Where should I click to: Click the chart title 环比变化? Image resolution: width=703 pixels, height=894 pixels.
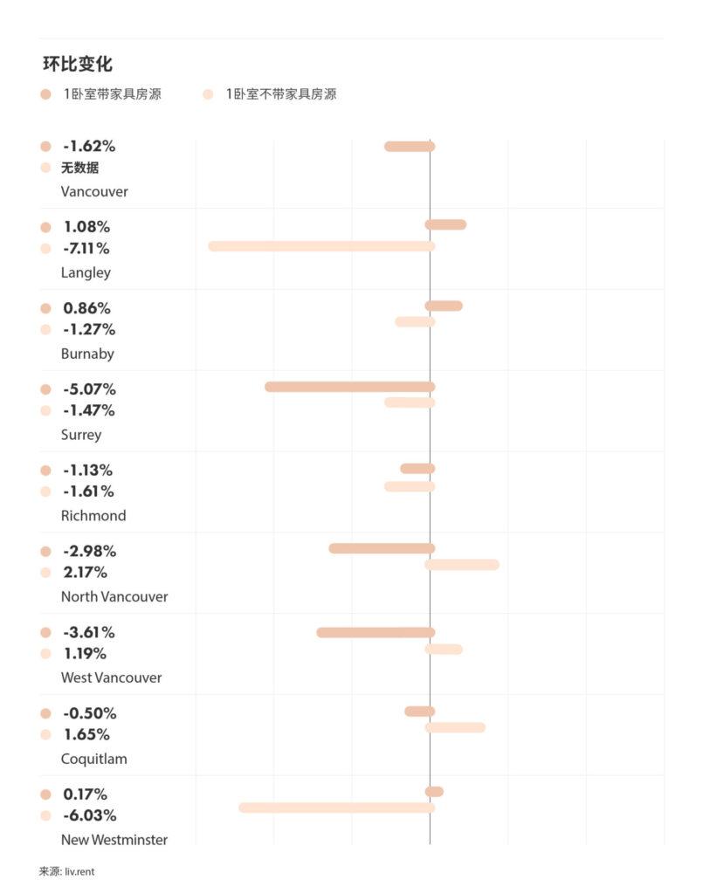click(x=78, y=65)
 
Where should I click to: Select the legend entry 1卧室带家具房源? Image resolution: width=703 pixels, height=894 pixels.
click(x=111, y=94)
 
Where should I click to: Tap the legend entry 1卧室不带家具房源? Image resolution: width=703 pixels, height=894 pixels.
click(x=280, y=94)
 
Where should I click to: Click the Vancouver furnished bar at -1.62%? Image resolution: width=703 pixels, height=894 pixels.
click(x=410, y=147)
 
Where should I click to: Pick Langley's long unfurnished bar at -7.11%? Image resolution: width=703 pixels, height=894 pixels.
click(x=321, y=246)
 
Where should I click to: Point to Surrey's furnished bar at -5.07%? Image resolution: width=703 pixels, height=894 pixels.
click(x=349, y=387)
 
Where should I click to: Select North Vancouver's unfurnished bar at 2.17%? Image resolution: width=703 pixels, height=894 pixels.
click(x=462, y=565)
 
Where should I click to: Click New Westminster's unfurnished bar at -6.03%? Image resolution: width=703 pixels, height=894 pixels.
click(x=336, y=808)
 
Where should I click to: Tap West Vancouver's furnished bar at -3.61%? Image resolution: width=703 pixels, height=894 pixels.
click(x=376, y=632)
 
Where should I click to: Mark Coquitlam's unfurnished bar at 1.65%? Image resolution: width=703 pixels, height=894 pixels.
click(x=455, y=727)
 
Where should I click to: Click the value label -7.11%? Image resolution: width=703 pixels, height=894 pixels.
click(x=86, y=249)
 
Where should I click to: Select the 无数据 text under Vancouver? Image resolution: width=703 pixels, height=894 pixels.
click(x=79, y=168)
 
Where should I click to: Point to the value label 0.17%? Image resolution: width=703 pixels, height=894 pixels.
click(x=85, y=794)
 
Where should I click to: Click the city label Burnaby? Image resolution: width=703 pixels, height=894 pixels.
click(x=87, y=354)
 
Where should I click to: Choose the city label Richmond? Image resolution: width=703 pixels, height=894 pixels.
click(x=93, y=516)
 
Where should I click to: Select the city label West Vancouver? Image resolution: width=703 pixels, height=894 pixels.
click(x=111, y=677)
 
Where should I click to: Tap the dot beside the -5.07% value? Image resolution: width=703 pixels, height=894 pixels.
click(x=45, y=389)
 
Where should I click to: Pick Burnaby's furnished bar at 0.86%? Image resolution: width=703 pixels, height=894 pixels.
click(x=444, y=306)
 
